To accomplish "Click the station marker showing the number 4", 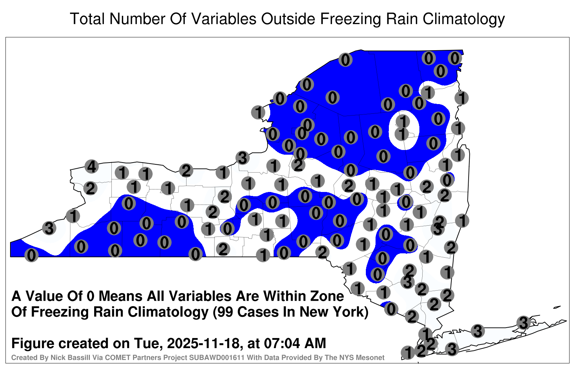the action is click(92, 166).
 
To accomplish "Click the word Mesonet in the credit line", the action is click(371, 357).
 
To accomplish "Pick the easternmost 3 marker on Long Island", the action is click(523, 323).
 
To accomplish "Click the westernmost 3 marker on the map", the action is click(49, 228).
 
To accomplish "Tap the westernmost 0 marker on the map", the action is click(31, 255).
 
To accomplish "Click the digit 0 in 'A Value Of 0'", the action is click(91, 296).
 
